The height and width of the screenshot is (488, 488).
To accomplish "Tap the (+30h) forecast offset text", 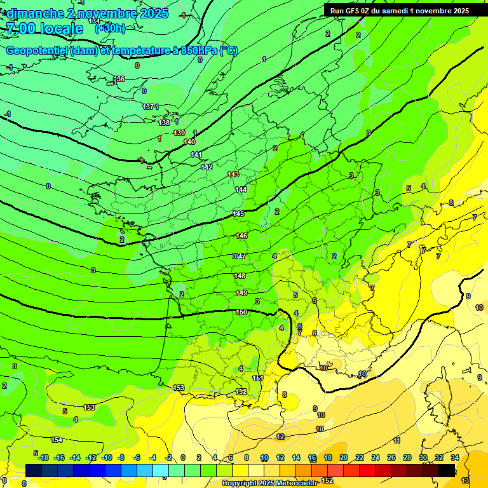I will pos(109,29).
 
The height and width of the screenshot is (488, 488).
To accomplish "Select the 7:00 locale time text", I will pos(44,29).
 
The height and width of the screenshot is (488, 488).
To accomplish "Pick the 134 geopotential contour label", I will pos(94,22).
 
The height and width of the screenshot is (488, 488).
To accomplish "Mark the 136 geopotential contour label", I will pos(119,79).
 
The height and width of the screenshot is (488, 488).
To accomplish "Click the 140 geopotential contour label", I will pos(189,142).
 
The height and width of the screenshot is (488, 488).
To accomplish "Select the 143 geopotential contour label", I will pos(233,174).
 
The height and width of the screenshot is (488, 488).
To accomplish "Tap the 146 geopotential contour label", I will pos(241,236).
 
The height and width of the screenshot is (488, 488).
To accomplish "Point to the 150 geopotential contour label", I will pos(241,312).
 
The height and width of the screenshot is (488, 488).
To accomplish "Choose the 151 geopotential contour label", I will pos(258,378).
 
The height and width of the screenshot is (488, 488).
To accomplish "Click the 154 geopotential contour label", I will pos(57,440).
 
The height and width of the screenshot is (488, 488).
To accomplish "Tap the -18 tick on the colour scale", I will pos(43,457).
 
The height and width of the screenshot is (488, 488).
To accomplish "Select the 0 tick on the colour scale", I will pos(183,457).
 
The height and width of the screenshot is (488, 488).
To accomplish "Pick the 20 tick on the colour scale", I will pos(344,457).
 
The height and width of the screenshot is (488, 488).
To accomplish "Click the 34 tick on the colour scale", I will pos(455,457).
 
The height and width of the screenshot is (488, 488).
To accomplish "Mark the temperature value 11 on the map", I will pos(396,440).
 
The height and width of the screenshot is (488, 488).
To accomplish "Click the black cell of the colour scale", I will pos(447,470).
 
